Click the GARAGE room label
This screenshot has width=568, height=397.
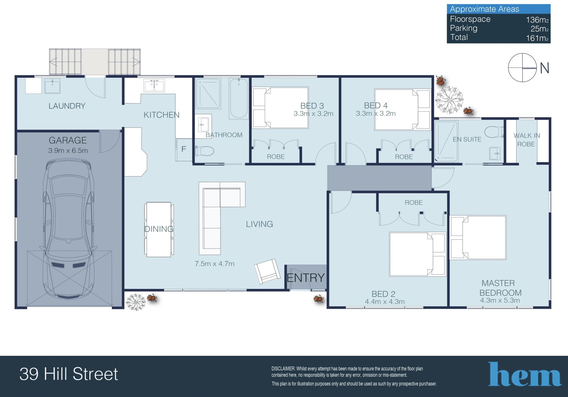68,140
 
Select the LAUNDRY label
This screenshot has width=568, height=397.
67,106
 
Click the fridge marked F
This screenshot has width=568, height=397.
184,149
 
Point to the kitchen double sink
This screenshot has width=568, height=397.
154,86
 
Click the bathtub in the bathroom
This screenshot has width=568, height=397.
239,99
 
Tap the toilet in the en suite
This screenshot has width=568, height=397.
494,132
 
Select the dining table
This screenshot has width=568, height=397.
159,229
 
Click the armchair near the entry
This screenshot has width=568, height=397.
267,271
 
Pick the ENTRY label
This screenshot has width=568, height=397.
306,278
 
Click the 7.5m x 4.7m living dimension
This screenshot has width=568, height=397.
214,264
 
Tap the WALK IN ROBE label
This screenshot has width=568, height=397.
527,140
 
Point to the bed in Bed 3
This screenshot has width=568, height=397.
280,108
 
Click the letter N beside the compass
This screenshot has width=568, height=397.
544,68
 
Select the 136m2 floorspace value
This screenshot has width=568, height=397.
537,20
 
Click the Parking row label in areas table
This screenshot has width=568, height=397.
464,28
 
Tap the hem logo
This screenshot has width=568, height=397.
525,374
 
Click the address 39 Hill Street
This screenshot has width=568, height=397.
69,374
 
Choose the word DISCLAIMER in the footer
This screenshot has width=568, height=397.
283,369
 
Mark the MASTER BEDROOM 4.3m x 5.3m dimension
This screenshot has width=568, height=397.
500,300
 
